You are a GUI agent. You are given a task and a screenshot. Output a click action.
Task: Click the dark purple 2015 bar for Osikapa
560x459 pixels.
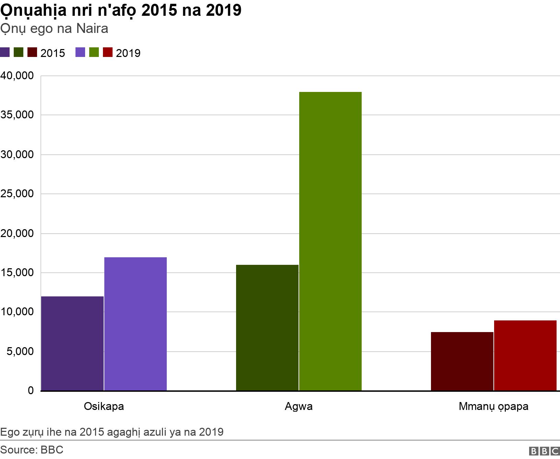pos(72,343)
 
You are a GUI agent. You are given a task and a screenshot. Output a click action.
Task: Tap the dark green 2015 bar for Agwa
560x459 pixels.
pos(267,327)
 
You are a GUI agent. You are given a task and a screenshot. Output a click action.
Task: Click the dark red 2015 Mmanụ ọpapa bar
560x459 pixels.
pos(462,361)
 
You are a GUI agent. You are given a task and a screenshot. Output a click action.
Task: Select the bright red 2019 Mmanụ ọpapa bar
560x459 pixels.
pos(525,355)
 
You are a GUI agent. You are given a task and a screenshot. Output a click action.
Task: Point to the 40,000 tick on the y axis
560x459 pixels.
pos(17,76)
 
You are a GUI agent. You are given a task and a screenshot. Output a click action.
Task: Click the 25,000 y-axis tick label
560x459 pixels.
pos(17,194)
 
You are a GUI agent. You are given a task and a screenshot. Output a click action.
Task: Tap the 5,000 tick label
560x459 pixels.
pos(20,351)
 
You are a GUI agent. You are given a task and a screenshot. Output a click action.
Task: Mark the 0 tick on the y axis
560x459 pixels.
pos(31,390)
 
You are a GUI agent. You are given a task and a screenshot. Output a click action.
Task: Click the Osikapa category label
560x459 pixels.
pos(104,407)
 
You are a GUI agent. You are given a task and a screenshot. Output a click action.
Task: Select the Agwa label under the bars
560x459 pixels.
pos(299,407)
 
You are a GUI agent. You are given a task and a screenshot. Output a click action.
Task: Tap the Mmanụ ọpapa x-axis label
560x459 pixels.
pos(493,407)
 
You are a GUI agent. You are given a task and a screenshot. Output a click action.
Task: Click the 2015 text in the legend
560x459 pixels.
pos(52,53)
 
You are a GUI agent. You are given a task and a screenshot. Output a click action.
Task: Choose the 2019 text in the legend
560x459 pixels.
pos(128,53)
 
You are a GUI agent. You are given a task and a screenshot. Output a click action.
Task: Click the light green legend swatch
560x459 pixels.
pos(94,52)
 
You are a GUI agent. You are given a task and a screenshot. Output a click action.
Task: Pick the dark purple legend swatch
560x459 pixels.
pos(5,52)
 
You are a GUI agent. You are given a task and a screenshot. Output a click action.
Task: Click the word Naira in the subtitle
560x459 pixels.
pos(92,28)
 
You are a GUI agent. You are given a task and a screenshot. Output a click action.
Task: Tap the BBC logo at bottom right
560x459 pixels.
pos(544,451)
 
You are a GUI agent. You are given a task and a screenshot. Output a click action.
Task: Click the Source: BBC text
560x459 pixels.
pos(32,450)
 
